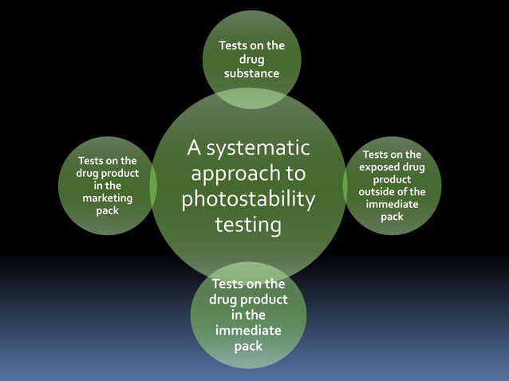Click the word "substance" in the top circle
(251, 73)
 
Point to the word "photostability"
(248, 199)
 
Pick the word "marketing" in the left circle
(107, 198)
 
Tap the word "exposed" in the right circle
(380, 167)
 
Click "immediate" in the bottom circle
(248, 330)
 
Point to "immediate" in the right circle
(392, 204)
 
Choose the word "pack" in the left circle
(107, 210)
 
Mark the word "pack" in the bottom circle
(248, 346)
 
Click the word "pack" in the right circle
(392, 217)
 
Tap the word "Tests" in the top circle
(234, 45)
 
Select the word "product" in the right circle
(392, 180)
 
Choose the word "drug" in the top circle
(251, 60)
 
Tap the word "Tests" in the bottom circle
(227, 283)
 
